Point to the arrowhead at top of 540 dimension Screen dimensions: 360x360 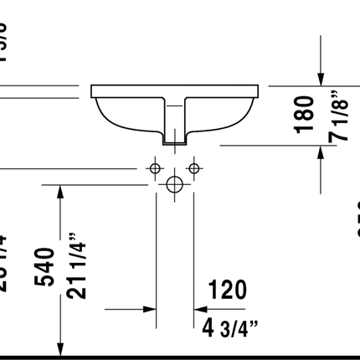(59, 193)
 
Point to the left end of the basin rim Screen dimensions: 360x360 (91, 88)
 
